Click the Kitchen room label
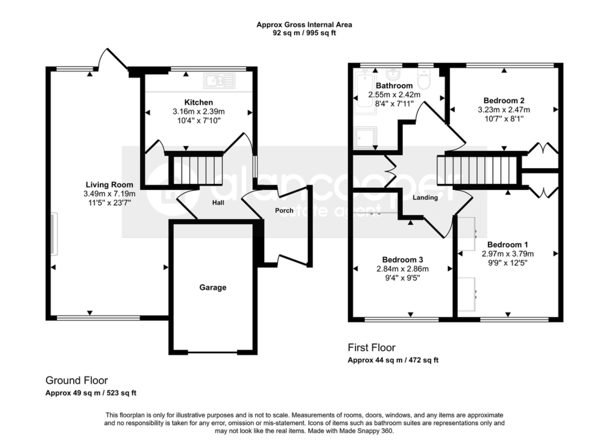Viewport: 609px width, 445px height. tap(199, 102)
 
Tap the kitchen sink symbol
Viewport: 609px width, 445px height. tap(219, 81)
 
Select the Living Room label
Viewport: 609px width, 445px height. tap(109, 185)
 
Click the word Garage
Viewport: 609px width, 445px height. tap(213, 287)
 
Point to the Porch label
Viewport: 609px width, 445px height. tap(284, 211)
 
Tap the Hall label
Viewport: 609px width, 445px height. tap(218, 203)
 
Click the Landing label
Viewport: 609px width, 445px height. tap(425, 198)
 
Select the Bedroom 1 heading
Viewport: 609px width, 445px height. tap(508, 245)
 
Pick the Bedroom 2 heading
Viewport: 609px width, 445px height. tap(504, 101)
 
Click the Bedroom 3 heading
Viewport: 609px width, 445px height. tap(402, 260)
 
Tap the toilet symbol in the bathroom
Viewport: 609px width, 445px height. tap(424, 79)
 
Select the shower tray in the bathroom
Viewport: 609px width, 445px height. tap(365, 138)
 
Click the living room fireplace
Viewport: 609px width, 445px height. tap(54, 234)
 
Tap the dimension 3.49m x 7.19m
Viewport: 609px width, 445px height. tap(109, 194)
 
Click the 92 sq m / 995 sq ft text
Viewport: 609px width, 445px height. tap(304, 33)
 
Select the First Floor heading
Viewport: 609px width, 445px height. tap(371, 347)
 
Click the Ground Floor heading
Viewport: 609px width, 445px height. tap(76, 380)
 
